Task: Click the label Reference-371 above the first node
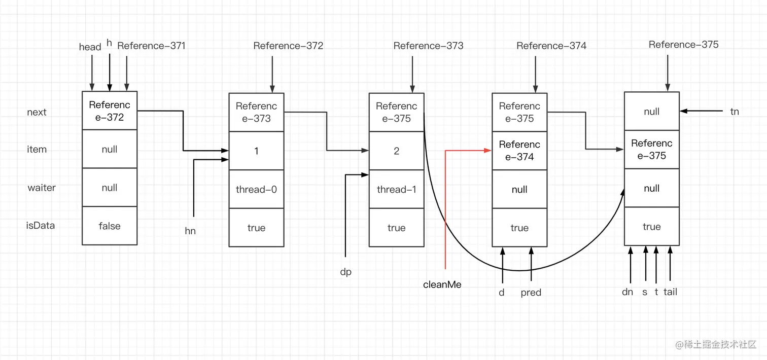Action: click(151, 46)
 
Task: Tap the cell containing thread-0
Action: click(256, 190)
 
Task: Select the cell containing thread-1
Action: click(396, 190)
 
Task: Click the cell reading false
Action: click(110, 226)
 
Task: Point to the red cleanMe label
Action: click(442, 284)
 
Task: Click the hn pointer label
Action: click(190, 231)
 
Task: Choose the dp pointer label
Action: click(345, 272)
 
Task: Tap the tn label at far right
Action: click(735, 112)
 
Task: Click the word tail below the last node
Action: click(670, 292)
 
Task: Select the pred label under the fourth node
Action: click(531, 293)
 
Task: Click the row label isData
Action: click(41, 226)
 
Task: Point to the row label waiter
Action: click(42, 188)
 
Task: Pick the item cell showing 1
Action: click(256, 151)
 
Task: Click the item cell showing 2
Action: click(396, 151)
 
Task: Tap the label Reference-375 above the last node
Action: click(683, 45)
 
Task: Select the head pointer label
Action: click(90, 47)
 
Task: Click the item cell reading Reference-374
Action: click(519, 151)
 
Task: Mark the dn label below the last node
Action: click(627, 292)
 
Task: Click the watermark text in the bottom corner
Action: click(716, 344)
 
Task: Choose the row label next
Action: click(37, 112)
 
